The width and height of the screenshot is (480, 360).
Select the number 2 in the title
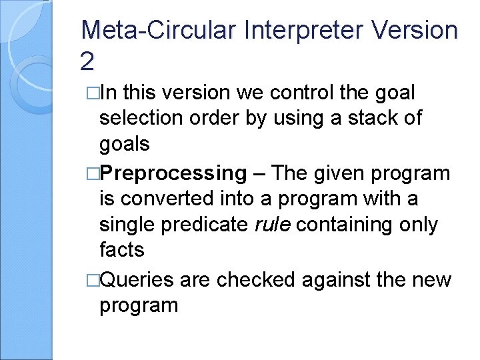(87, 61)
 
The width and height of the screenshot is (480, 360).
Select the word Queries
(137, 280)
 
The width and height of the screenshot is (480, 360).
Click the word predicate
(203, 225)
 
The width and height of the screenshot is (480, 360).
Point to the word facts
(121, 250)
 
